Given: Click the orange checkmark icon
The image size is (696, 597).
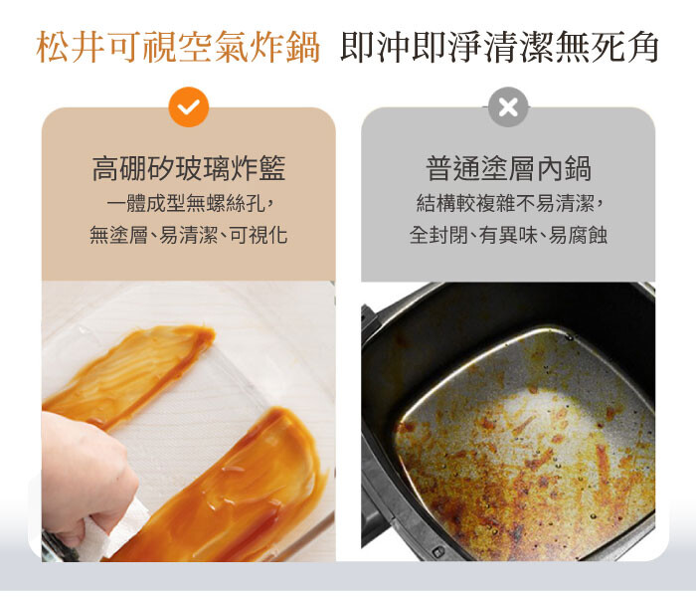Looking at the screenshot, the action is pos(189,107).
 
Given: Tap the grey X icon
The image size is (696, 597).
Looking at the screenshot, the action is pos(508,107).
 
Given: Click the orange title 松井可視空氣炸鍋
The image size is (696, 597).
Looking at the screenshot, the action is pos(178,47).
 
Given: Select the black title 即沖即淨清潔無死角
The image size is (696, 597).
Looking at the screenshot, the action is pos(499,47).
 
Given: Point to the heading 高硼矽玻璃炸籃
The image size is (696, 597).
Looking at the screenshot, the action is pos(189,169).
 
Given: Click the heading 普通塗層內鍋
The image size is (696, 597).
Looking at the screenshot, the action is pos(508,169).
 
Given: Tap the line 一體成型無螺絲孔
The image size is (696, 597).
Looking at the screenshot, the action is pos(186,203).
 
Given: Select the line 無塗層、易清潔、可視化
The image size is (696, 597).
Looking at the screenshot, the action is pos(189,235).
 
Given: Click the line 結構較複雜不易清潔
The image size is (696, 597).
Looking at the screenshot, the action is pos(505,203).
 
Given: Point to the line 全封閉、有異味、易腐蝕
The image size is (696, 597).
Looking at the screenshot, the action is pos(508,235).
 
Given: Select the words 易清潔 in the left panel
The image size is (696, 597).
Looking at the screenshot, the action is pos(189,235).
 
